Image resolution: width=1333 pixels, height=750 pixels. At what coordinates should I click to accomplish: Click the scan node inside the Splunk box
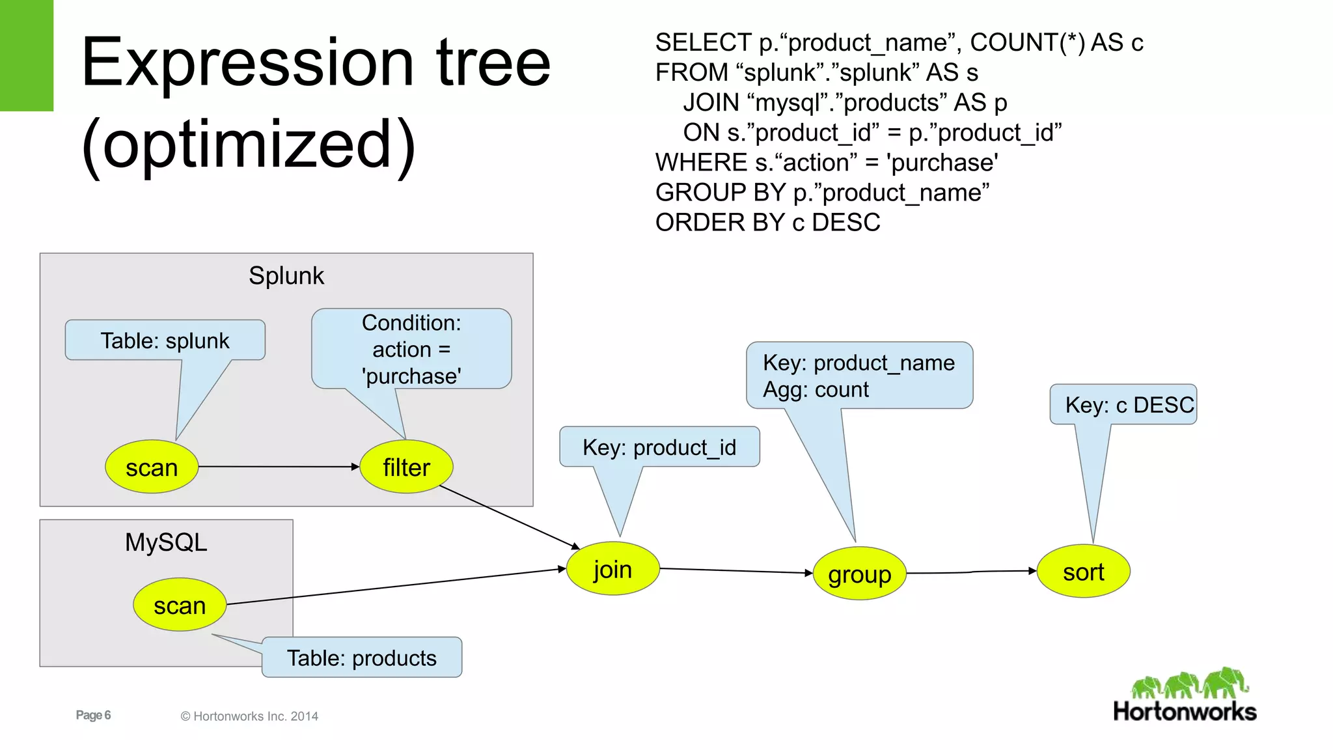click(x=152, y=467)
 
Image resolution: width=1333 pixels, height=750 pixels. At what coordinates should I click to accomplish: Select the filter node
click(x=406, y=467)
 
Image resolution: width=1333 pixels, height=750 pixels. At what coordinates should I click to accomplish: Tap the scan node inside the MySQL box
click(x=180, y=605)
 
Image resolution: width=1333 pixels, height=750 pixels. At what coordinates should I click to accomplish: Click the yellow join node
click(x=612, y=569)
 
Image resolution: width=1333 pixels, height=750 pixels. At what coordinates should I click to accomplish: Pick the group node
click(x=859, y=574)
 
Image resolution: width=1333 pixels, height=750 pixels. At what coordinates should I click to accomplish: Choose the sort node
click(x=1083, y=572)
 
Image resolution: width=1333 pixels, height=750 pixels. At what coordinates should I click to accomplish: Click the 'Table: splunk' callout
click(x=165, y=340)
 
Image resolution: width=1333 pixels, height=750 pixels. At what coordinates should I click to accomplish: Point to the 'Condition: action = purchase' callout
click(x=411, y=350)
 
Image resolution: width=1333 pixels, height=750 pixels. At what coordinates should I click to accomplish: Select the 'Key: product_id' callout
click(x=659, y=447)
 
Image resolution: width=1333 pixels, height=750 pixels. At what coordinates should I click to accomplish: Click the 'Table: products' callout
click(x=362, y=658)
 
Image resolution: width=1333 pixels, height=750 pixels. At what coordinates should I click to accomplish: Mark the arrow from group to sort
click(x=971, y=572)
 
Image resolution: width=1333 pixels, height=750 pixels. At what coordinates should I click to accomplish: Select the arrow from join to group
click(x=735, y=571)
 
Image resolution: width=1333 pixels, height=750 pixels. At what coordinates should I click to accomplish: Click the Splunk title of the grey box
click(x=286, y=275)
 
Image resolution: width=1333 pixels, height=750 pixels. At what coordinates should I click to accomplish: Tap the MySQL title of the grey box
click(x=166, y=542)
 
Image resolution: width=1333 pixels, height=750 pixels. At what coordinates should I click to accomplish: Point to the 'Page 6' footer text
click(x=93, y=715)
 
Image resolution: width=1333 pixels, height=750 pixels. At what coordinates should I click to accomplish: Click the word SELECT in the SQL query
click(x=703, y=43)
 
